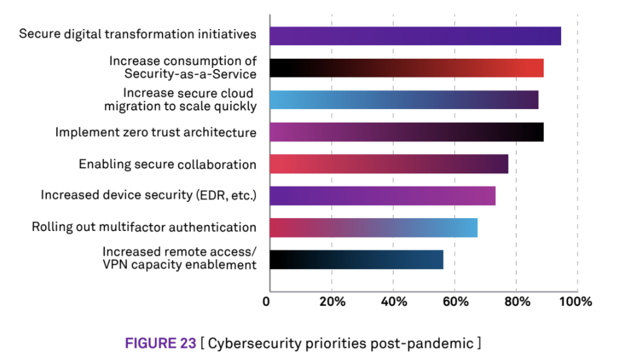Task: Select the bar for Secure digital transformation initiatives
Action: tap(415, 35)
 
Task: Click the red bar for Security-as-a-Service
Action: tap(406, 68)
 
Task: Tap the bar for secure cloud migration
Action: tap(404, 99)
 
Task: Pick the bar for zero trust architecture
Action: tap(406, 132)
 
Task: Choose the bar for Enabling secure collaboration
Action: tap(388, 164)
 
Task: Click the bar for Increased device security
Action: tap(382, 195)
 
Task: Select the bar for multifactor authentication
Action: tap(373, 228)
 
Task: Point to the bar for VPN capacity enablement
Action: tap(356, 259)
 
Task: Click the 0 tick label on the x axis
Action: tap(267, 301)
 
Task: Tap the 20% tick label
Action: tap(331, 301)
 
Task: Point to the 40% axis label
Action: tap(393, 301)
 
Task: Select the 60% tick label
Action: tap(455, 301)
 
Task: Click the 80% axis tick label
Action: tap(516, 301)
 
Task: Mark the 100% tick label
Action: tap(575, 301)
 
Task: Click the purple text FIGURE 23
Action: tap(160, 343)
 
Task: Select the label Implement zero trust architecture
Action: tap(155, 133)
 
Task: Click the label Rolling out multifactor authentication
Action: tap(144, 227)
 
